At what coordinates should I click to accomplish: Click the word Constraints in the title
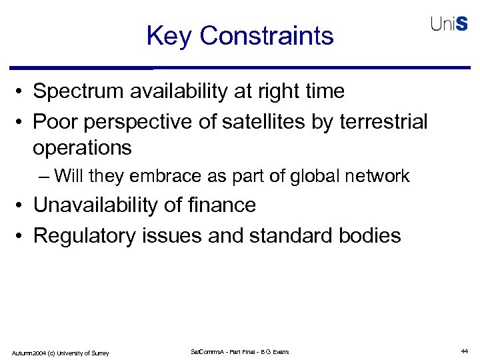pyautogui.click(x=266, y=35)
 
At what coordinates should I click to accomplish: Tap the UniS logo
pyautogui.click(x=449, y=24)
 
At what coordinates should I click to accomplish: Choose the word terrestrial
pyautogui.click(x=383, y=122)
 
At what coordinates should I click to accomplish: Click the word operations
pyautogui.click(x=82, y=147)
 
